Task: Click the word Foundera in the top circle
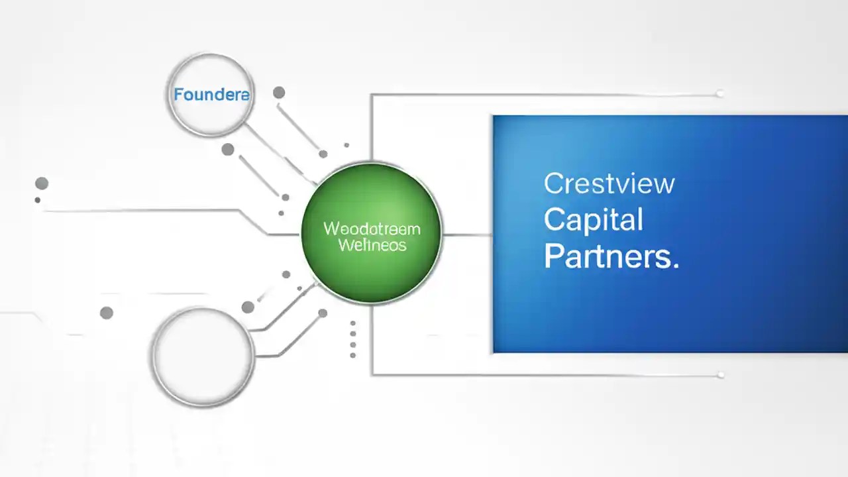[x=211, y=95]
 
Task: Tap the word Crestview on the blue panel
[x=609, y=184]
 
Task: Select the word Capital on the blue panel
[x=593, y=220]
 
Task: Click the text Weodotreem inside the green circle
[x=372, y=229]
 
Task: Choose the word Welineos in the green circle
[x=372, y=245]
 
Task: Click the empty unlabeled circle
[x=203, y=356]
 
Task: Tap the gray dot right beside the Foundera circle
[x=279, y=93]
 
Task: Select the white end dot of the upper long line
[x=719, y=94]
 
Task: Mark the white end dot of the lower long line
[x=720, y=375]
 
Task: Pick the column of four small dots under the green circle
[x=352, y=339]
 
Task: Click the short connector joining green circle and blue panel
[x=467, y=235]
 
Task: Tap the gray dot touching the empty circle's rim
[x=248, y=307]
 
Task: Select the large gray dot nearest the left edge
[x=42, y=184]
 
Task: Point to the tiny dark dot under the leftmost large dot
[x=38, y=200]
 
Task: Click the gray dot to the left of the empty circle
[x=106, y=313]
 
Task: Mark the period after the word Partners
[x=675, y=266]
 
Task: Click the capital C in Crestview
[x=553, y=184]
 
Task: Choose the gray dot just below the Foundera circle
[x=228, y=150]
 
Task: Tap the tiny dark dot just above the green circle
[x=346, y=145]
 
